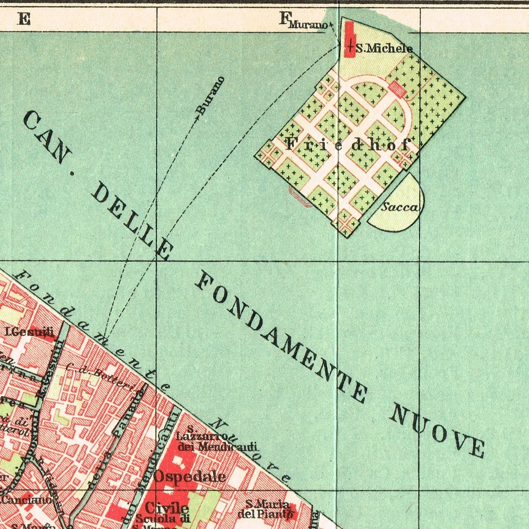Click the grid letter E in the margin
[x=24, y=19]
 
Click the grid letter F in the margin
[x=284, y=19]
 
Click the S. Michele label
[x=384, y=48]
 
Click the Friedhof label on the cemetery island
[x=347, y=145]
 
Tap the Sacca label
[x=401, y=207]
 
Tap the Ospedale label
[x=190, y=476]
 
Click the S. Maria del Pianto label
[x=267, y=509]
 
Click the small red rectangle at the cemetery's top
[x=397, y=88]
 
